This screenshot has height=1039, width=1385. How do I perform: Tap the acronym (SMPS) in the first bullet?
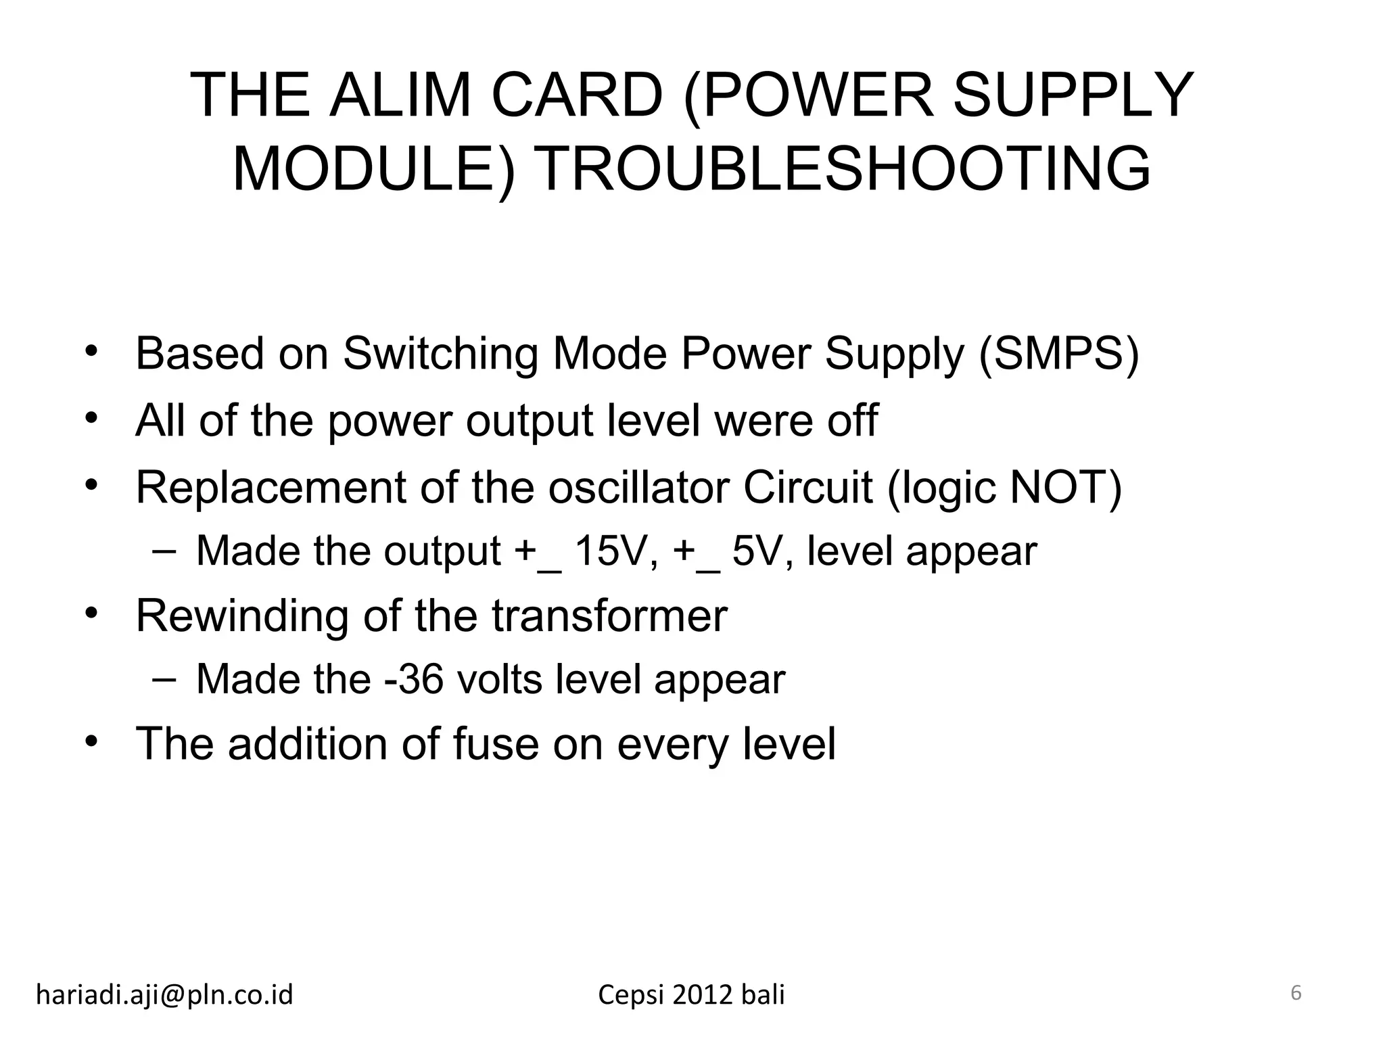[x=1059, y=353]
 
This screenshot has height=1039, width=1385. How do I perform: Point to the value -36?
[x=413, y=678]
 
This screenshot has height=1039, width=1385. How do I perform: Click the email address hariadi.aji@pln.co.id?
[x=164, y=994]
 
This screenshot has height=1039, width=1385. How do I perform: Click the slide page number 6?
[x=1296, y=993]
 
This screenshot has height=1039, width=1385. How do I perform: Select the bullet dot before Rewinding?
[x=92, y=614]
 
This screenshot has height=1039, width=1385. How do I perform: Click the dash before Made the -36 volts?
[x=162, y=677]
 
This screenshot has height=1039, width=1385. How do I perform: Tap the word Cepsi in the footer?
[x=632, y=995]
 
